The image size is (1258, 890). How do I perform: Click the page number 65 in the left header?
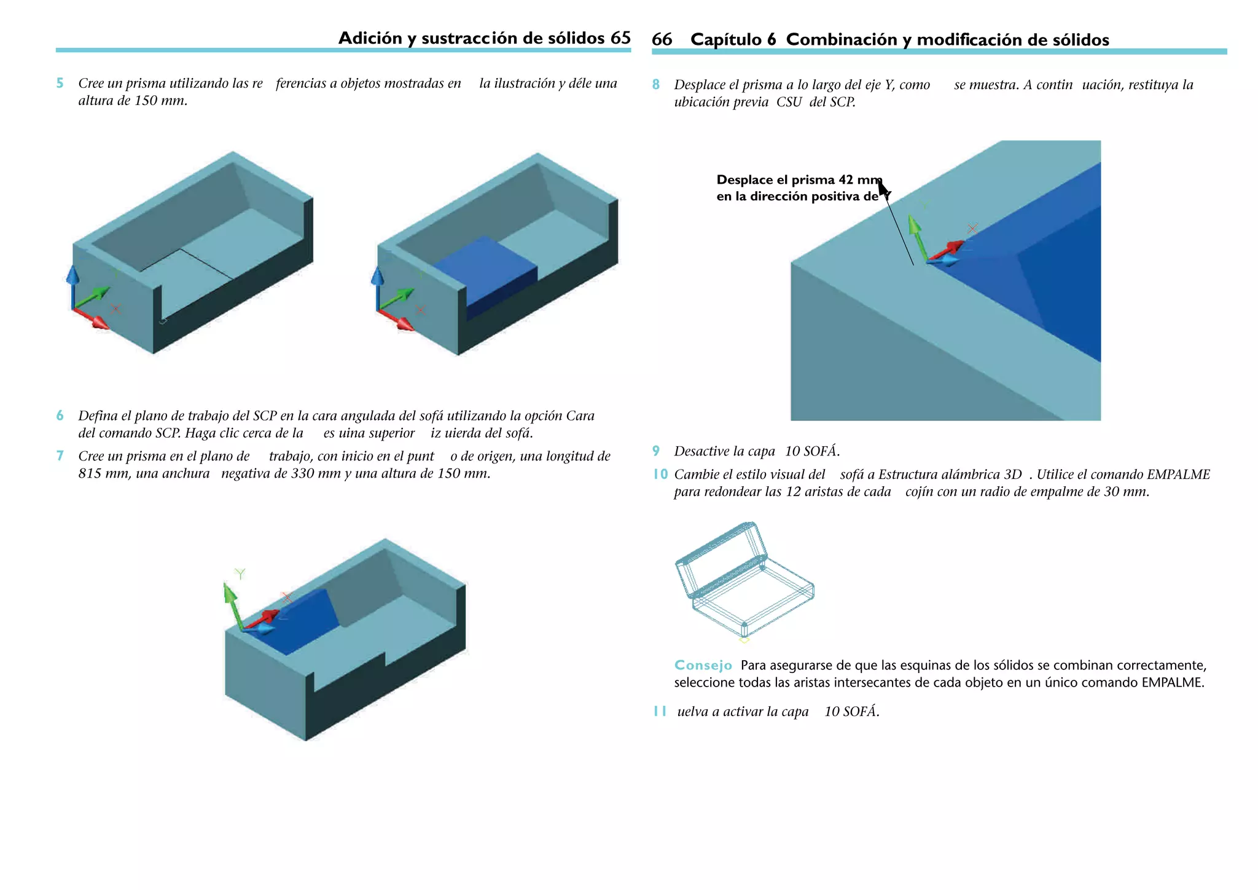click(620, 38)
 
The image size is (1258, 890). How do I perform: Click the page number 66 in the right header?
click(662, 40)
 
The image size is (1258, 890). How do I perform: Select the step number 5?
click(60, 84)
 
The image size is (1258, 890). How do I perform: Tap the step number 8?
click(655, 85)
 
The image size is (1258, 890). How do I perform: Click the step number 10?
click(660, 475)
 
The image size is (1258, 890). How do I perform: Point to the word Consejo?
click(703, 666)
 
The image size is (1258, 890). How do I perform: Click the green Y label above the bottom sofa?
click(240, 573)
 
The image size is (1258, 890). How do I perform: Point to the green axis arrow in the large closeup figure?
click(918, 237)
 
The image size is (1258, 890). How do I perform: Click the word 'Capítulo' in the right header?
click(725, 40)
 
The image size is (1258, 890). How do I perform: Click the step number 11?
click(659, 712)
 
